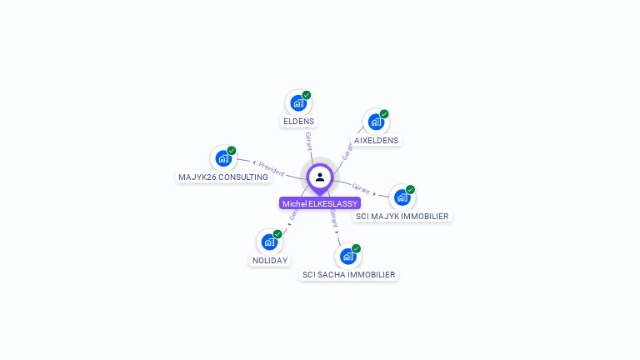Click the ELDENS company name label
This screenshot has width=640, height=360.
click(x=298, y=121)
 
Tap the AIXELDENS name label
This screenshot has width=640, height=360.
click(x=376, y=140)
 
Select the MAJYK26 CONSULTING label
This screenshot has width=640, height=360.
click(x=223, y=177)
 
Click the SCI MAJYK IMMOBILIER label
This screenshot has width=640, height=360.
click(x=402, y=216)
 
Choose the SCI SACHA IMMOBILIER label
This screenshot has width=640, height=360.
click(x=348, y=274)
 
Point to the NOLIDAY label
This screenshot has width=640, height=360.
click(x=269, y=260)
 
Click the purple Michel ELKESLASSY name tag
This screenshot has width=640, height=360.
click(x=320, y=203)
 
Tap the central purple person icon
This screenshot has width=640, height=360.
click(x=320, y=177)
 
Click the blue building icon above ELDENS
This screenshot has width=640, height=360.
click(x=297, y=103)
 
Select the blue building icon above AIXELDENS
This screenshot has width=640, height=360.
click(x=375, y=122)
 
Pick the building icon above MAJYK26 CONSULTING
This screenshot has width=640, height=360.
click(x=222, y=158)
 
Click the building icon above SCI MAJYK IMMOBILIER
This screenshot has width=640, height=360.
click(x=402, y=197)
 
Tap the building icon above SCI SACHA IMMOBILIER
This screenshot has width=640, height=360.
click(x=347, y=256)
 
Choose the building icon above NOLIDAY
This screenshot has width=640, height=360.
click(x=268, y=242)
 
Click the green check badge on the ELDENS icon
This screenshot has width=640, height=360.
click(x=307, y=95)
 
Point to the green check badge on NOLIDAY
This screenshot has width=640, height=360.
click(x=277, y=233)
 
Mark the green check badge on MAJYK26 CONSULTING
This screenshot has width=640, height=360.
click(x=232, y=151)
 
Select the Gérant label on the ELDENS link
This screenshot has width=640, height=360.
click(x=308, y=141)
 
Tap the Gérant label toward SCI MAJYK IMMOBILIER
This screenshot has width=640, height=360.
click(x=361, y=187)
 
